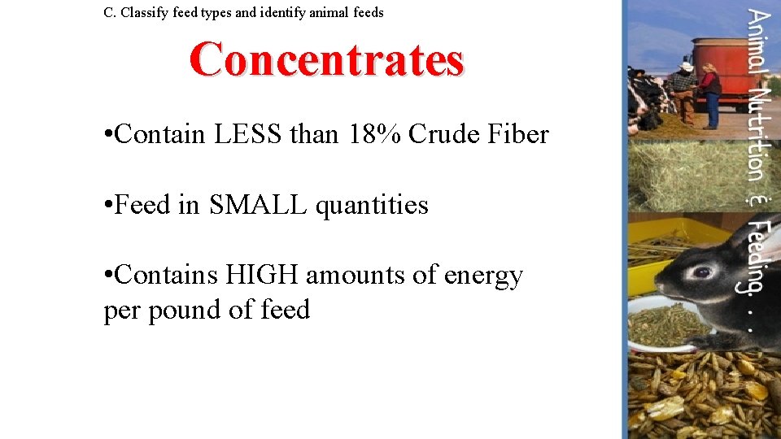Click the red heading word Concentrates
click(x=327, y=59)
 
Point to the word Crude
click(x=440, y=134)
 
